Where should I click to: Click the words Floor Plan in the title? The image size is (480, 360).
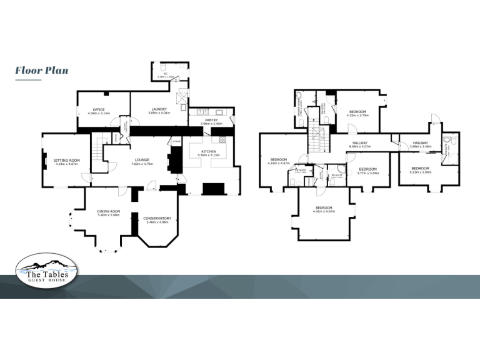pyautogui.click(x=41, y=71)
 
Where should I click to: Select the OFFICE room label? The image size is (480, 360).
pyautogui.click(x=98, y=109)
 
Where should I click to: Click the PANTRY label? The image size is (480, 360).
pyautogui.click(x=210, y=120)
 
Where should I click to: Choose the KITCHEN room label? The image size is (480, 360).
pyautogui.click(x=207, y=151)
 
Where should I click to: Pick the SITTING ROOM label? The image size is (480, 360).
pyautogui.click(x=65, y=160)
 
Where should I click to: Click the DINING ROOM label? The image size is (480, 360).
pyautogui.click(x=108, y=211)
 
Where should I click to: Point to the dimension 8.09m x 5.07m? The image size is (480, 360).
pyautogui.click(x=361, y=147)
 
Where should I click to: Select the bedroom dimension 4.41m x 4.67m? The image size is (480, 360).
pyautogui.click(x=323, y=211)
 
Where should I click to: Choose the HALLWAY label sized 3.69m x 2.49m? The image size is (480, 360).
pyautogui.click(x=420, y=143)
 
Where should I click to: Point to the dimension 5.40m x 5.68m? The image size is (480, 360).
pyautogui.click(x=108, y=215)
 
